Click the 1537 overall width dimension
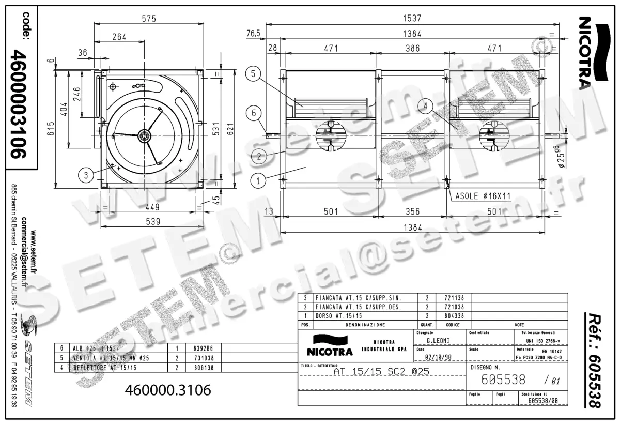pyautogui.click(x=413, y=18)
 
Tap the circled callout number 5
pyautogui.click(x=253, y=74)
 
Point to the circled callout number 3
pyautogui.click(x=87, y=175)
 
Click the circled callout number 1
pyautogui.click(x=258, y=180)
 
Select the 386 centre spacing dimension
pyautogui.click(x=413, y=48)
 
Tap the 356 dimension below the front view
pyautogui.click(x=413, y=211)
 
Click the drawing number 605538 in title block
pyautogui.click(x=503, y=380)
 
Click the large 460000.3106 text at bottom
pyautogui.click(x=168, y=390)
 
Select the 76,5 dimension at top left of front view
pyautogui.click(x=253, y=34)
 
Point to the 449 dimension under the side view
pyautogui.click(x=151, y=207)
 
